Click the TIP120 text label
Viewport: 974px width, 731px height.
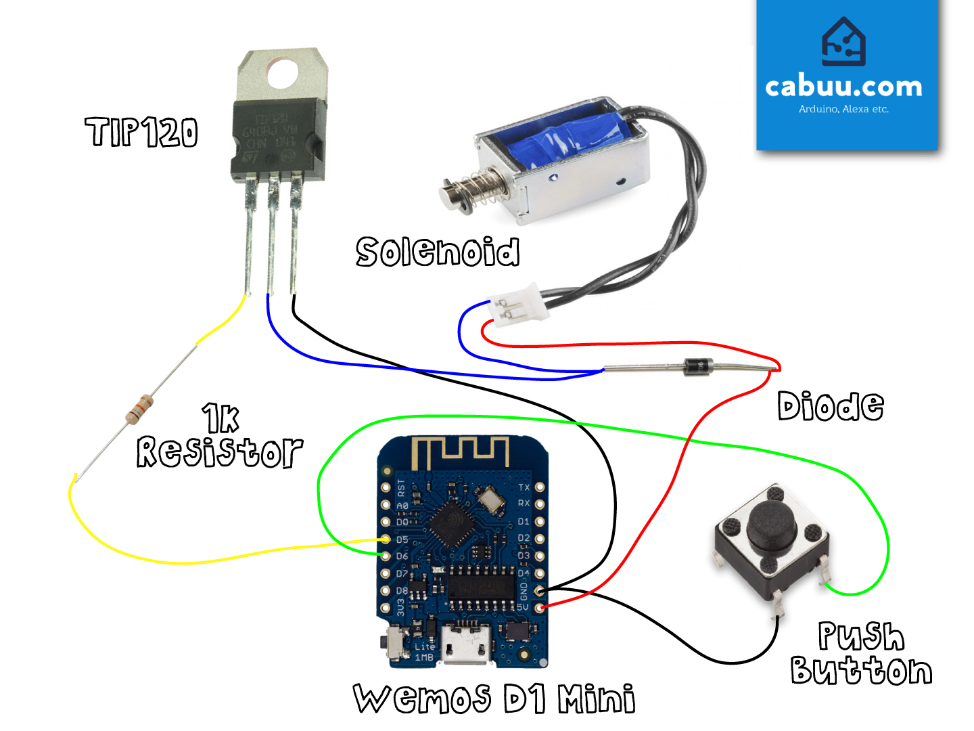click(141, 132)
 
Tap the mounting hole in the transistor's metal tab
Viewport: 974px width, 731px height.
click(282, 74)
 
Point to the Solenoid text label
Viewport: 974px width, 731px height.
click(438, 252)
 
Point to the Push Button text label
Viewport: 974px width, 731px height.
click(860, 654)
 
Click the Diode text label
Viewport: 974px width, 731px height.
click(830, 406)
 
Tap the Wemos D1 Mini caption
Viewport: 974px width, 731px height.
click(494, 699)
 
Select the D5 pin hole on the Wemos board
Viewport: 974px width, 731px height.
click(386, 539)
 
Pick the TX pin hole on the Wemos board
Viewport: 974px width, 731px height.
click(540, 487)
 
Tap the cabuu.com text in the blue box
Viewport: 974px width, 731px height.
click(843, 87)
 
